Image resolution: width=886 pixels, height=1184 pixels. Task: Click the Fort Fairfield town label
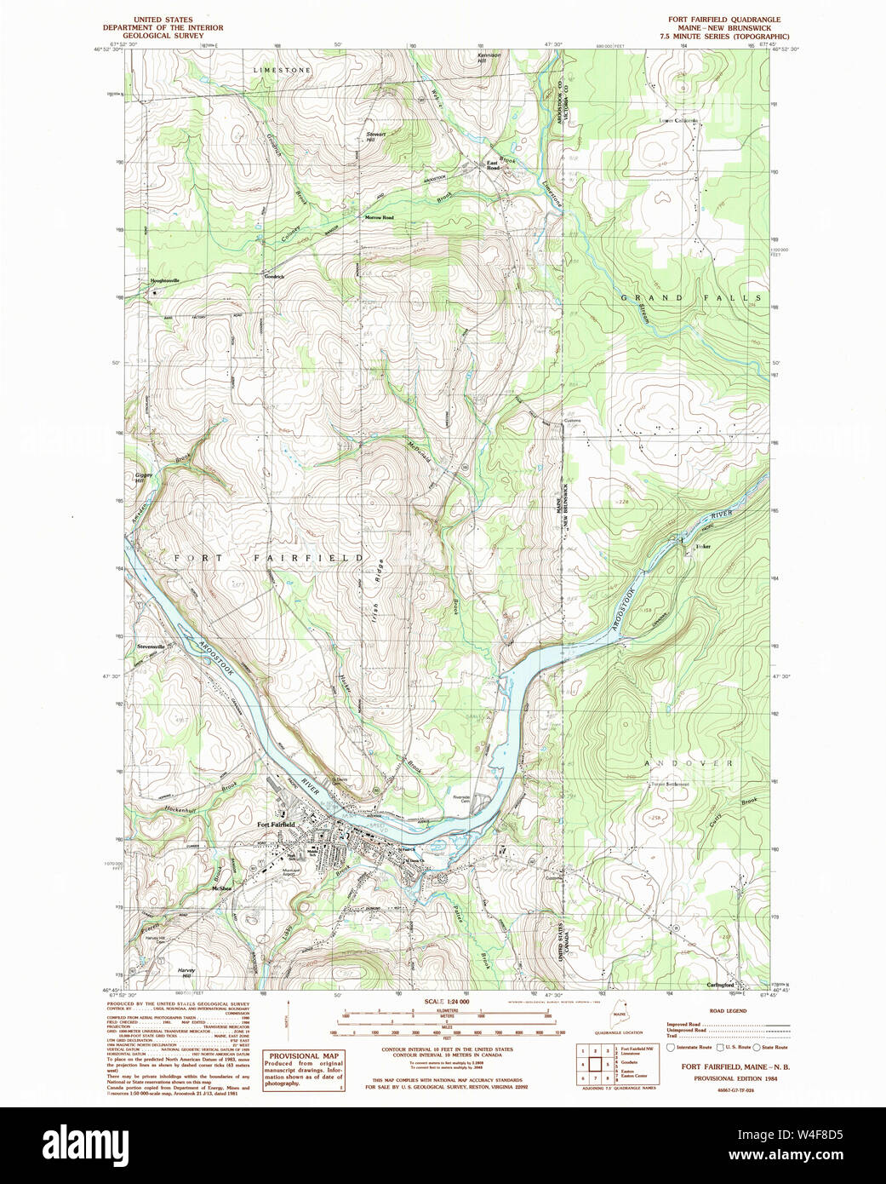pyautogui.click(x=277, y=825)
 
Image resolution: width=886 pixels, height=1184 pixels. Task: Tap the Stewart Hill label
pyautogui.click(x=376, y=136)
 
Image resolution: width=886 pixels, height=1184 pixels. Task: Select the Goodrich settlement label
pyautogui.click(x=273, y=277)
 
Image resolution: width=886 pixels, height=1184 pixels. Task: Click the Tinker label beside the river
pyautogui.click(x=703, y=545)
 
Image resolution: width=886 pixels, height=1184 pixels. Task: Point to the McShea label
pyautogui.click(x=222, y=889)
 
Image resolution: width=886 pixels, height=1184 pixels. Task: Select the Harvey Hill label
pyautogui.click(x=186, y=973)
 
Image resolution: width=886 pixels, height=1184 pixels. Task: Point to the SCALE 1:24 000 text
pyautogui.click(x=447, y=1001)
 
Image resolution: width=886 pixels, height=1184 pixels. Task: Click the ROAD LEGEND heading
pyautogui.click(x=729, y=1010)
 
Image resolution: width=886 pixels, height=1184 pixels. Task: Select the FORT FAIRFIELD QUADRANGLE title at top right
pyautogui.click(x=723, y=19)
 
